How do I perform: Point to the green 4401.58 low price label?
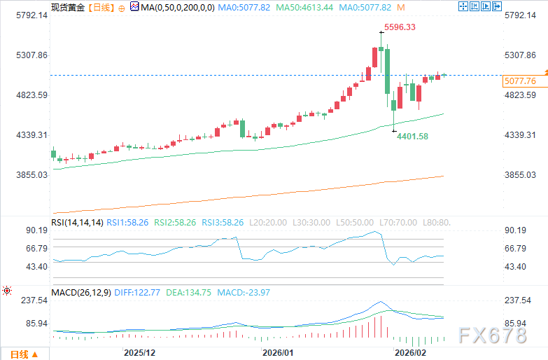(412, 136)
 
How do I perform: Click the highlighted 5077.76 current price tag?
(519, 81)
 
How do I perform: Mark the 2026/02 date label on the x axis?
(410, 352)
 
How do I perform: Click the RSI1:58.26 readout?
(129, 223)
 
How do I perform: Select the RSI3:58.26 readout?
(223, 223)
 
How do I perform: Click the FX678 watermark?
(491, 335)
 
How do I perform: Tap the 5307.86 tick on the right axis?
(519, 55)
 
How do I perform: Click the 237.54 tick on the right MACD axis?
(519, 300)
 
